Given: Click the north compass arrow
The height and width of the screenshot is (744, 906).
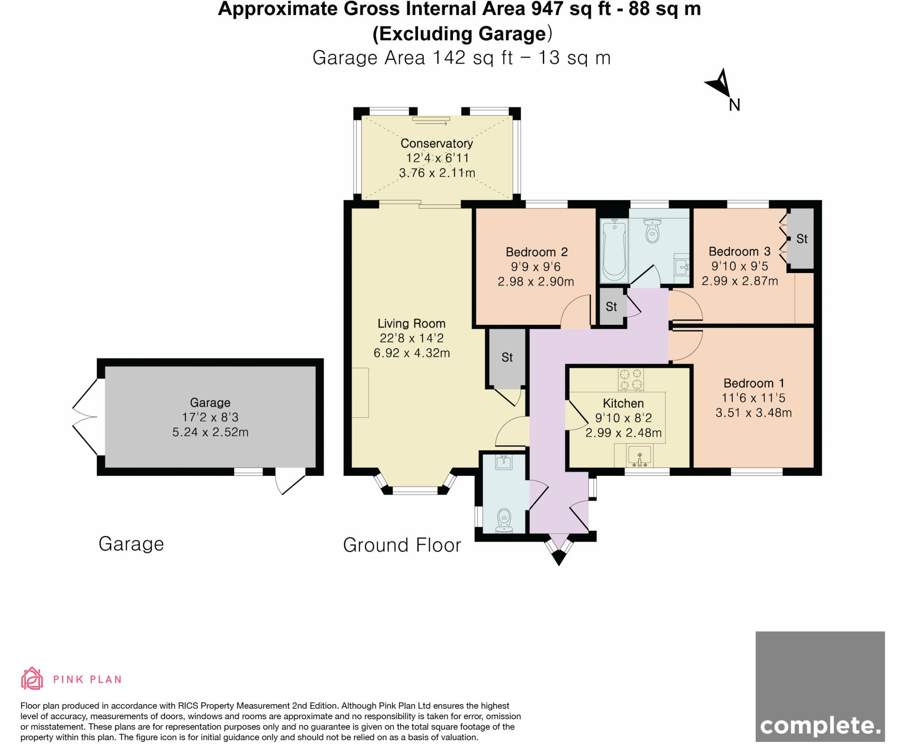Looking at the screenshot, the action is tap(720, 84).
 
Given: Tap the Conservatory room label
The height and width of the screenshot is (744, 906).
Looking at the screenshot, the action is tap(437, 143).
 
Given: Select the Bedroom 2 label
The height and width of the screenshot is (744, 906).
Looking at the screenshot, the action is tap(536, 252).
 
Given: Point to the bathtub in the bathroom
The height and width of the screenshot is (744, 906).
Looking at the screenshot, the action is tap(614, 250).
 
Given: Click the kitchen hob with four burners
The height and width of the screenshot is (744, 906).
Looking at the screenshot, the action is tap(631, 379).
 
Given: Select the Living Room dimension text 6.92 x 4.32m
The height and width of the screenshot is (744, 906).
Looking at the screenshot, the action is tap(411, 353).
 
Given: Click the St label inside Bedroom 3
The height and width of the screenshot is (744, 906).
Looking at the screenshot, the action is tap(802, 239).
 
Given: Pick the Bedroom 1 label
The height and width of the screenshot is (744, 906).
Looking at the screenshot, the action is tap(754, 383).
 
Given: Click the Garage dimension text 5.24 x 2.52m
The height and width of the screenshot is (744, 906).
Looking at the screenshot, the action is tap(210, 432).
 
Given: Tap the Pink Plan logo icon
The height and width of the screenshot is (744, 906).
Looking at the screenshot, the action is tap(32, 678).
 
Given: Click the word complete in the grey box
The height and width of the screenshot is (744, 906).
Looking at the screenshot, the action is tap(820, 726).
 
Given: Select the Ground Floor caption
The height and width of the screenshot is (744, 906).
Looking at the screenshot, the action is tap(402, 545).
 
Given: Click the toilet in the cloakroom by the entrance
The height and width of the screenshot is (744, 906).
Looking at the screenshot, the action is tap(504, 521).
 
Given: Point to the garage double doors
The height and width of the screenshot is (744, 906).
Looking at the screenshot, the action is tap(85, 417).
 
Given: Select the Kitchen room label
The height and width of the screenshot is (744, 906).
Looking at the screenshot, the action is tap(623, 403).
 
